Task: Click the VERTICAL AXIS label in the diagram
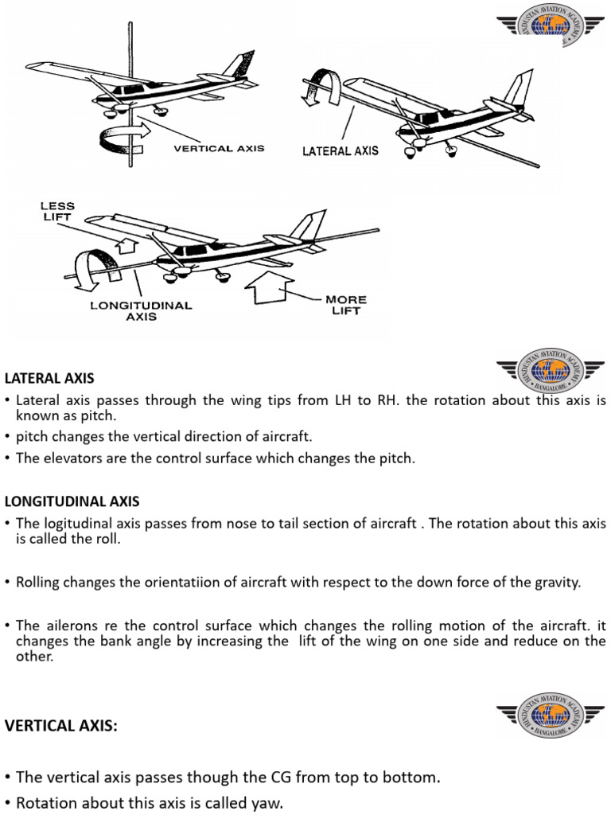[219, 149]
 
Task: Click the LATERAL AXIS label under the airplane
[341, 150]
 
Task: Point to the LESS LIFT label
[57, 211]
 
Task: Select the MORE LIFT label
[346, 305]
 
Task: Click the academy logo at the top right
[550, 25]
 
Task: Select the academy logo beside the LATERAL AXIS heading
[550, 371]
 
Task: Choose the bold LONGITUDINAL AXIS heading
[72, 501]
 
